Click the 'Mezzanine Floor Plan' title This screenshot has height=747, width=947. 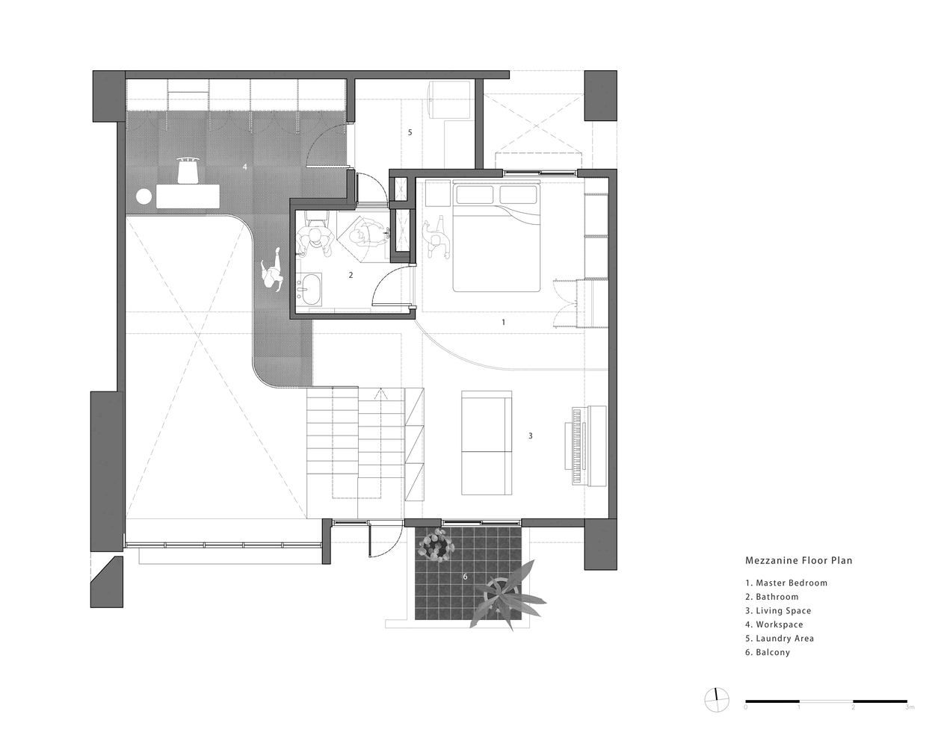(798, 560)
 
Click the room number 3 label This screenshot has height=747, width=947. (531, 436)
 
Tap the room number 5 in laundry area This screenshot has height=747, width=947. (410, 132)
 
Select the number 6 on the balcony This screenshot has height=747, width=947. (465, 576)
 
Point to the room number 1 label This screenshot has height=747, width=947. (503, 322)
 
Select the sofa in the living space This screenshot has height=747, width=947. (487, 443)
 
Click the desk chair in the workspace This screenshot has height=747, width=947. (188, 170)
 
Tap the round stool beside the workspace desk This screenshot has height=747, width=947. (144, 196)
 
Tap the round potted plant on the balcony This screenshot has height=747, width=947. (436, 545)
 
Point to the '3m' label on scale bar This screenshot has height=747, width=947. (908, 707)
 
